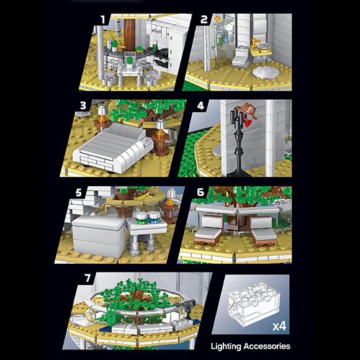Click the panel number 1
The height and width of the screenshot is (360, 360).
[x=103, y=19]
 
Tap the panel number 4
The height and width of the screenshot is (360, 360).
[x=200, y=106]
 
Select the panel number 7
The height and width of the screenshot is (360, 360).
[x=88, y=278]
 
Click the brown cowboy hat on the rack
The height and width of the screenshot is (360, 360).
[x=247, y=110]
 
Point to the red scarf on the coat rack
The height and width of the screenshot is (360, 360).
[x=247, y=122]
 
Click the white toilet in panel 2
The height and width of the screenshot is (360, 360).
[x=241, y=56]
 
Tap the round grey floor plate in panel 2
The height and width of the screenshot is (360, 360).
[x=266, y=73]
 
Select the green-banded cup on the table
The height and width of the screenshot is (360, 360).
[x=141, y=218]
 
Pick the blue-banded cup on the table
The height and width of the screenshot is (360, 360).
[x=153, y=217]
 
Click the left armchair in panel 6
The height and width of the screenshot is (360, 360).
[x=209, y=229]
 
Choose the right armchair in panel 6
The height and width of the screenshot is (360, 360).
[x=263, y=231]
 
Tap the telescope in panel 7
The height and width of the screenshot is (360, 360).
[x=187, y=307]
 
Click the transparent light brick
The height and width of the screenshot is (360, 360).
[x=253, y=304]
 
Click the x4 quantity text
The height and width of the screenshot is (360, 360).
[x=279, y=326]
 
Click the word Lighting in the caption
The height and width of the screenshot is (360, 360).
[x=226, y=346]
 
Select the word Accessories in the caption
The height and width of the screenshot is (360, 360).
[x=267, y=346]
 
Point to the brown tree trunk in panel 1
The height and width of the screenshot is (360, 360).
[x=130, y=34]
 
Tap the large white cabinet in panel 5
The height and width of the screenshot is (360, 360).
[x=99, y=236]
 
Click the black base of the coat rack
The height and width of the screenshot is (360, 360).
[x=239, y=174]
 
